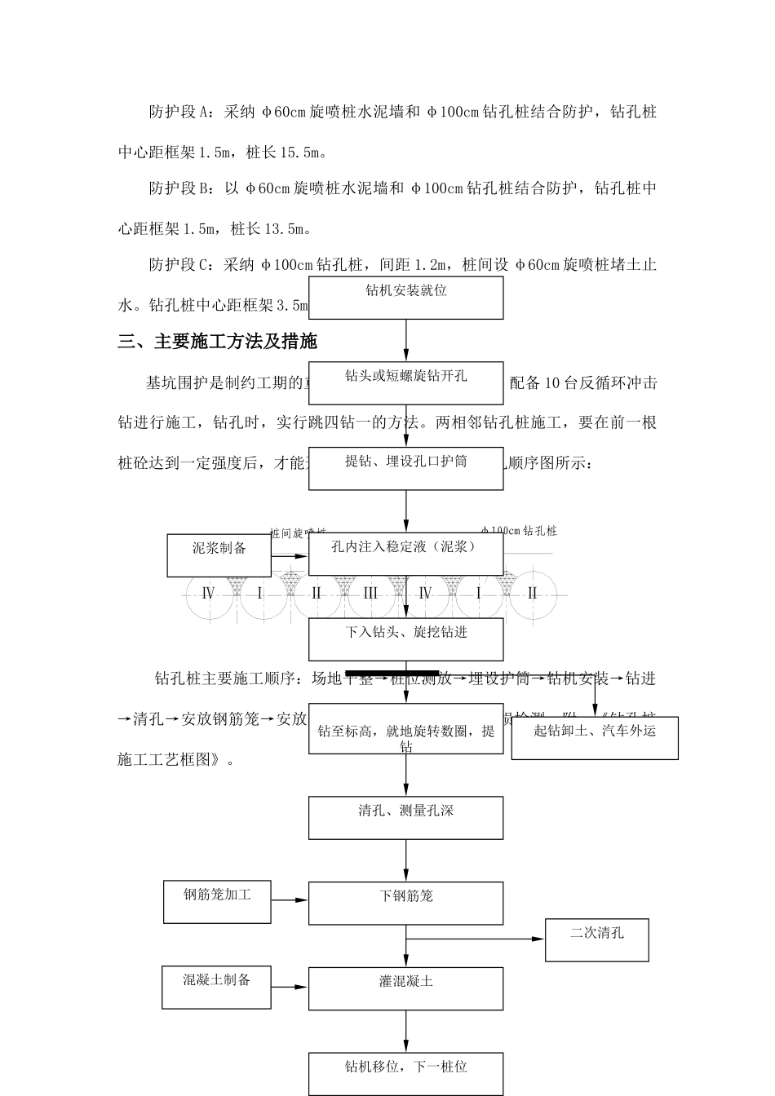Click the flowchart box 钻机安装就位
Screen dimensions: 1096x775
coord(405,298)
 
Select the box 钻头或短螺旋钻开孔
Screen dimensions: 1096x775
coord(405,383)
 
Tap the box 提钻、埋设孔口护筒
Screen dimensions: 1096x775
coord(405,468)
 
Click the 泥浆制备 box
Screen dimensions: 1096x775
coord(219,555)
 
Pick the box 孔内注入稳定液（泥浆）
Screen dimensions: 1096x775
coord(405,554)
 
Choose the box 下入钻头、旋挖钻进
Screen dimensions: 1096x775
coord(405,639)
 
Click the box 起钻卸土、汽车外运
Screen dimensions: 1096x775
coord(594,738)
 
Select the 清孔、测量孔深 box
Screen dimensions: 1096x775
coord(405,818)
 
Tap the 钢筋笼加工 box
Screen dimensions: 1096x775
coord(217,902)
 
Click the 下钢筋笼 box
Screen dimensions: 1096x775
coord(405,903)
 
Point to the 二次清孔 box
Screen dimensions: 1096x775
coord(597,940)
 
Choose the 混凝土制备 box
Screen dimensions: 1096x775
coord(217,988)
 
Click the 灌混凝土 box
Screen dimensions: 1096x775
coord(405,988)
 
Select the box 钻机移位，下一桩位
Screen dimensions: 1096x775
coord(405,1073)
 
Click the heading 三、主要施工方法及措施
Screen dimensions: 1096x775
coord(217,342)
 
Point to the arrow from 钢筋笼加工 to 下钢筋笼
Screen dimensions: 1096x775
coord(290,900)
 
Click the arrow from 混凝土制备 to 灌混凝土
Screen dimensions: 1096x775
coord(290,988)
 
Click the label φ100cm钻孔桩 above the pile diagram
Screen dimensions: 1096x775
coord(519,531)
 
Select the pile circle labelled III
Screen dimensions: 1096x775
coord(370,594)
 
